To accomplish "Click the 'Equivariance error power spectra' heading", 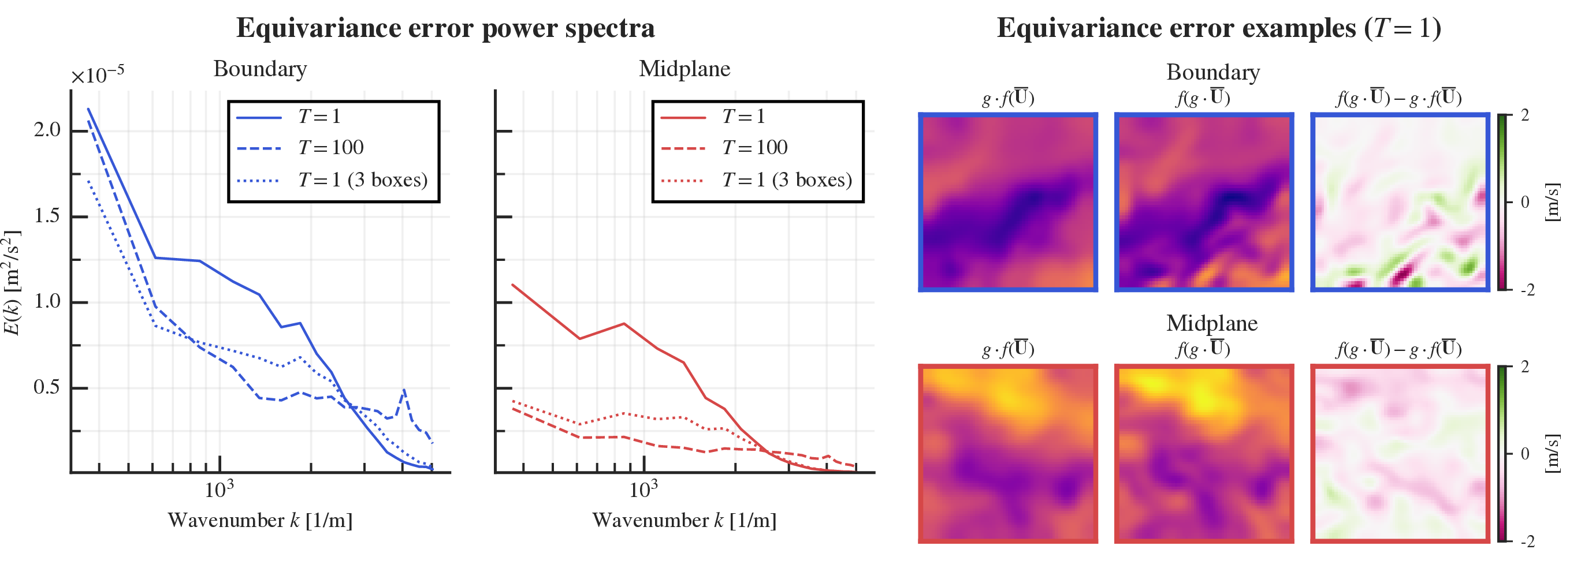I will tap(445, 28).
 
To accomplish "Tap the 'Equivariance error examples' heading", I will tap(1218, 28).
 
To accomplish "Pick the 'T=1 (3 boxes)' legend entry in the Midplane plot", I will tap(786, 180).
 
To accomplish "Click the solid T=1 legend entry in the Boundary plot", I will tap(318, 117).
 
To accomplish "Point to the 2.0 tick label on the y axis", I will tap(47, 130).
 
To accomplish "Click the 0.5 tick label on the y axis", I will tap(47, 387).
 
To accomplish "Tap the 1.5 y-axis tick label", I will tap(47, 216).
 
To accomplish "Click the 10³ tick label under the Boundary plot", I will tap(218, 489).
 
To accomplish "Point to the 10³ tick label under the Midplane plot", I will tap(643, 489).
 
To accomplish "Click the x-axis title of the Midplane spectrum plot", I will tap(684, 521).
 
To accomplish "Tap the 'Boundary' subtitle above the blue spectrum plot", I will tap(259, 69).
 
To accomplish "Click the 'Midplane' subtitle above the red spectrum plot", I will tap(685, 69).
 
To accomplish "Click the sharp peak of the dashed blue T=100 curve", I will tap(404, 390).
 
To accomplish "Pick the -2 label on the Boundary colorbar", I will tap(1528, 290).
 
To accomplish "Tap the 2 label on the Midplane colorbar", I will tap(1525, 367).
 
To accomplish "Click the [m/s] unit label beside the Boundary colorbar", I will tap(1551, 202).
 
